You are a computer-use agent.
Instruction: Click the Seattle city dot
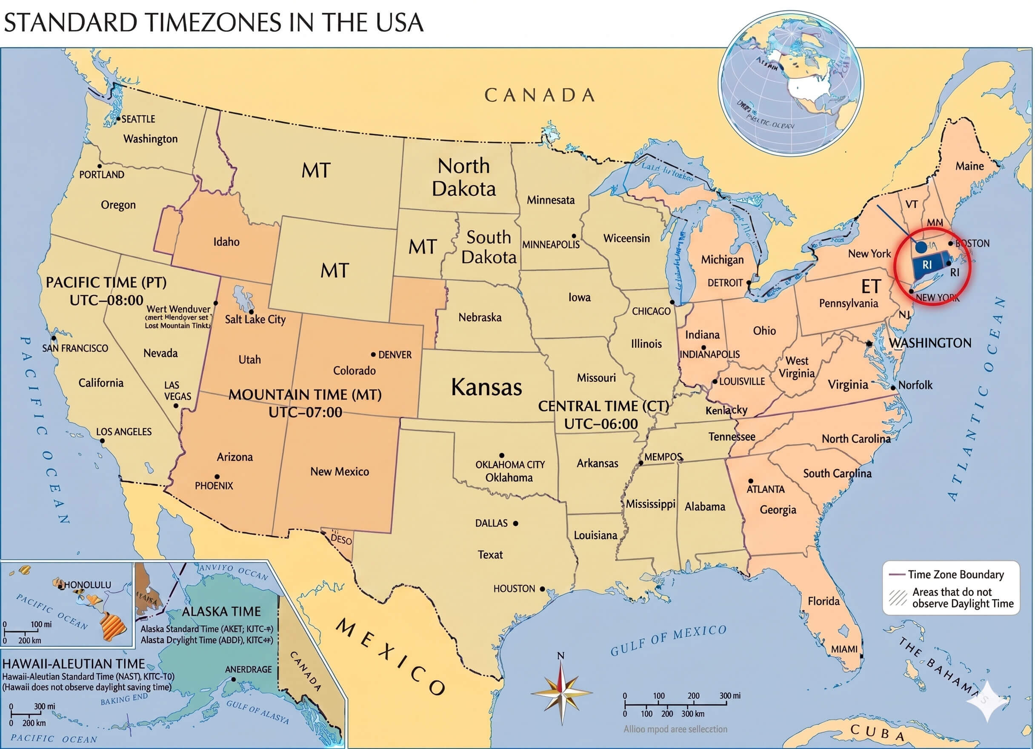click(x=118, y=119)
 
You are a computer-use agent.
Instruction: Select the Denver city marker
click(x=373, y=354)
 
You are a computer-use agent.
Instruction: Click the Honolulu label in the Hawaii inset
click(x=87, y=585)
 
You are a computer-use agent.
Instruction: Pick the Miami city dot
click(x=861, y=656)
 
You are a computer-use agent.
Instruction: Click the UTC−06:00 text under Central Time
click(x=600, y=424)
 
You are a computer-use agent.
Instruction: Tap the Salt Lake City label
click(x=254, y=320)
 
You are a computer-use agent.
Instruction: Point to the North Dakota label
click(x=463, y=177)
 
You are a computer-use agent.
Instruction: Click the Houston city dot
click(x=542, y=589)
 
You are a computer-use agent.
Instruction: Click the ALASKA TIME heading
click(x=221, y=612)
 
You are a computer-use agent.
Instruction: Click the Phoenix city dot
click(x=217, y=477)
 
